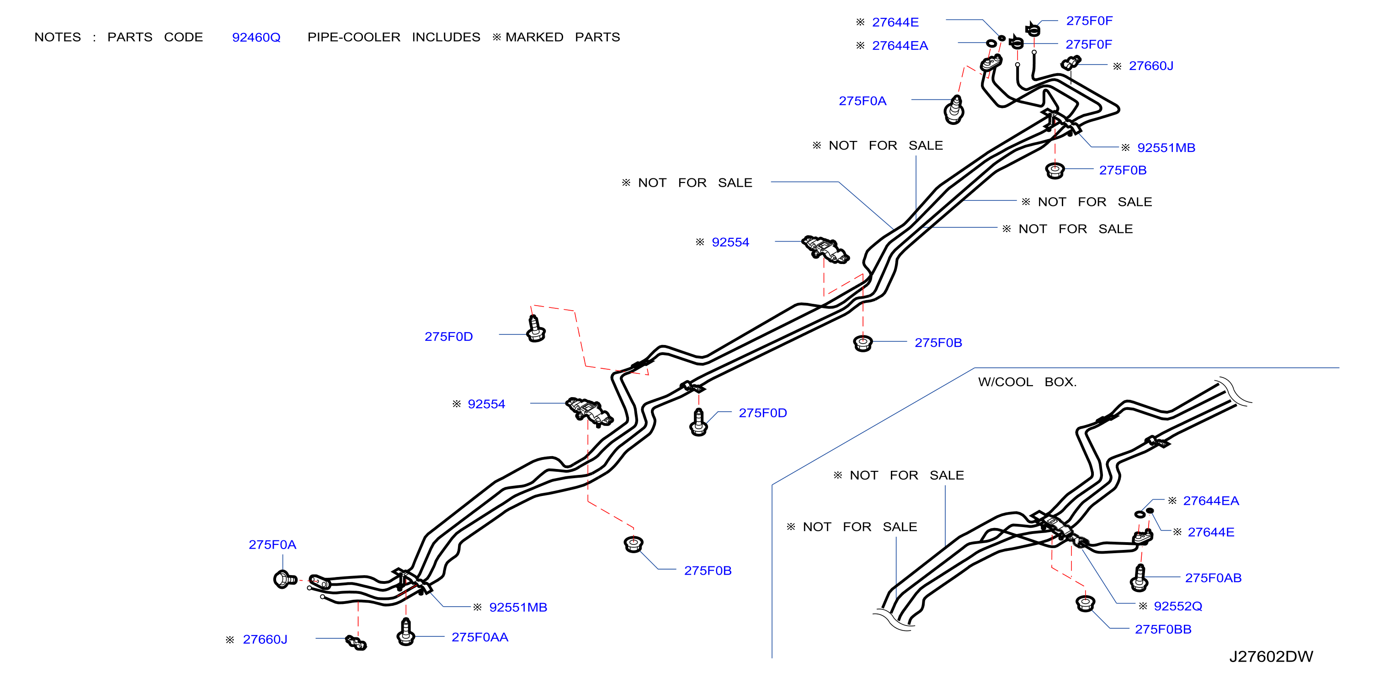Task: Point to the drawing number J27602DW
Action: coord(1271,657)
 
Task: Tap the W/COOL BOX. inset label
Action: coord(1027,382)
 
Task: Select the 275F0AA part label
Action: coord(479,637)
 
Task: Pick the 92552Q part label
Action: coord(1178,606)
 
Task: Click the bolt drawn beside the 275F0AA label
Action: coord(406,632)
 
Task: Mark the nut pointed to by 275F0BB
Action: coord(1085,604)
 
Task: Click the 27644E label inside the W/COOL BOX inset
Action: coord(1211,532)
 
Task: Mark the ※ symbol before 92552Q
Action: coord(1143,606)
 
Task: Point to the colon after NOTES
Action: coord(95,38)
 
